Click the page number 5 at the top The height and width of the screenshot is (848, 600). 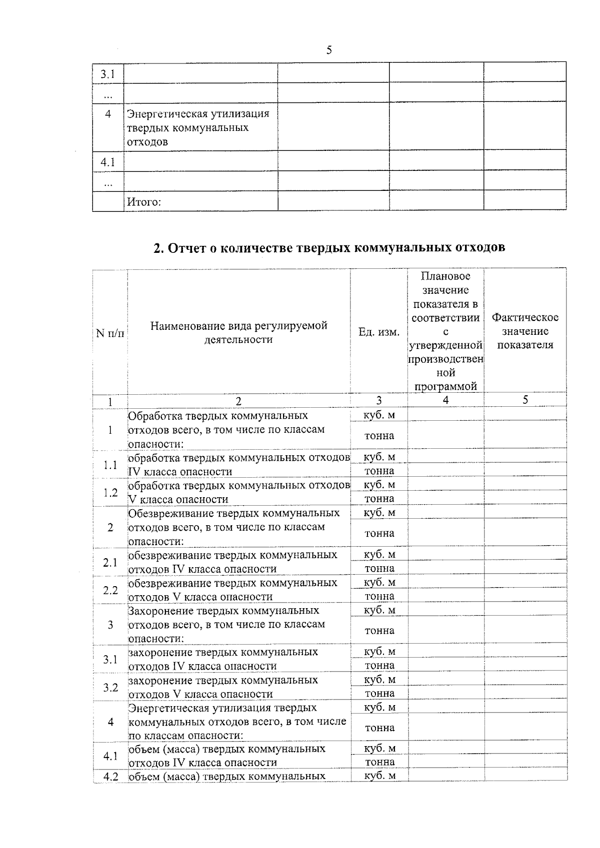pyautogui.click(x=329, y=50)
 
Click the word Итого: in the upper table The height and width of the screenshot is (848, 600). pyautogui.click(x=144, y=202)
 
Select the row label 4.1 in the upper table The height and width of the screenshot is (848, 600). pyautogui.click(x=107, y=162)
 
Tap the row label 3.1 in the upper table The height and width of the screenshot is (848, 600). pyautogui.click(x=107, y=74)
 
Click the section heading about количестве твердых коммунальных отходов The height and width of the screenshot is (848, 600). pyautogui.click(x=329, y=248)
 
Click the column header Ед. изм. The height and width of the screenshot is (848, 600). pyautogui.click(x=379, y=332)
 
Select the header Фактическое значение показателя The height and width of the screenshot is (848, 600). pyautogui.click(x=525, y=331)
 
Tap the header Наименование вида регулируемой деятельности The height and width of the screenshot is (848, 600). pyautogui.click(x=238, y=332)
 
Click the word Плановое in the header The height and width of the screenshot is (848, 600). pyautogui.click(x=445, y=276)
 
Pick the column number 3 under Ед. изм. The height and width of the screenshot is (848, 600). pyautogui.click(x=379, y=401)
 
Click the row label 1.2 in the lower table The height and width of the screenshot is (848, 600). pyautogui.click(x=110, y=493)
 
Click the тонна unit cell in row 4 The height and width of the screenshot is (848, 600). pyautogui.click(x=379, y=728)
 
